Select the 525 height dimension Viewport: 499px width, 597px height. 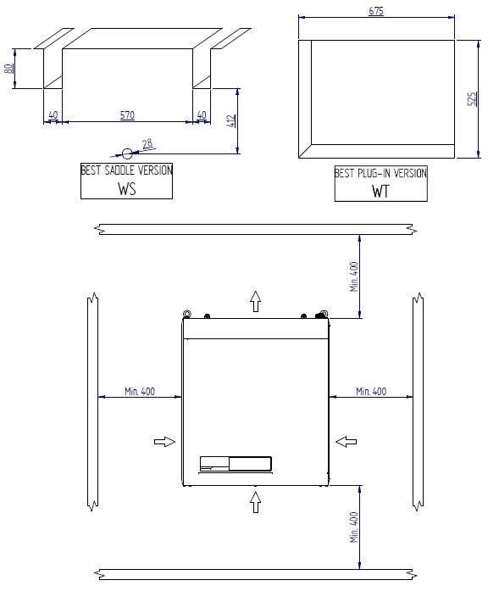472,98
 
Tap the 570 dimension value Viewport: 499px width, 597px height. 126,114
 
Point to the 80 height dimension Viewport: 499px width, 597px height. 9,68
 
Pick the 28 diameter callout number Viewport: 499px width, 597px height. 147,144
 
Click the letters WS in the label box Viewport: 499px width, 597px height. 126,188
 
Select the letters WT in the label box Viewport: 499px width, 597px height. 380,191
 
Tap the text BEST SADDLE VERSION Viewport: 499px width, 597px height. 126,170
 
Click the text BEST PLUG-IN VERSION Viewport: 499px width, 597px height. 380,173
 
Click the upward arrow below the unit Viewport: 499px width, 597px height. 256,500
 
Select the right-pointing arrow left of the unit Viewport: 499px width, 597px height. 164,441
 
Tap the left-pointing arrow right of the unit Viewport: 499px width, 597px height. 346,441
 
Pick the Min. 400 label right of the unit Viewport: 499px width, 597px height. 370,391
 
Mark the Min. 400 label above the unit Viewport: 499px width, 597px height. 354,276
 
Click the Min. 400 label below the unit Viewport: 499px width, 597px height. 354,527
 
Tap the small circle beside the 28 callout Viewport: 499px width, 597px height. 127,153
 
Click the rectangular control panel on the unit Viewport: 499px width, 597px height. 236,463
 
